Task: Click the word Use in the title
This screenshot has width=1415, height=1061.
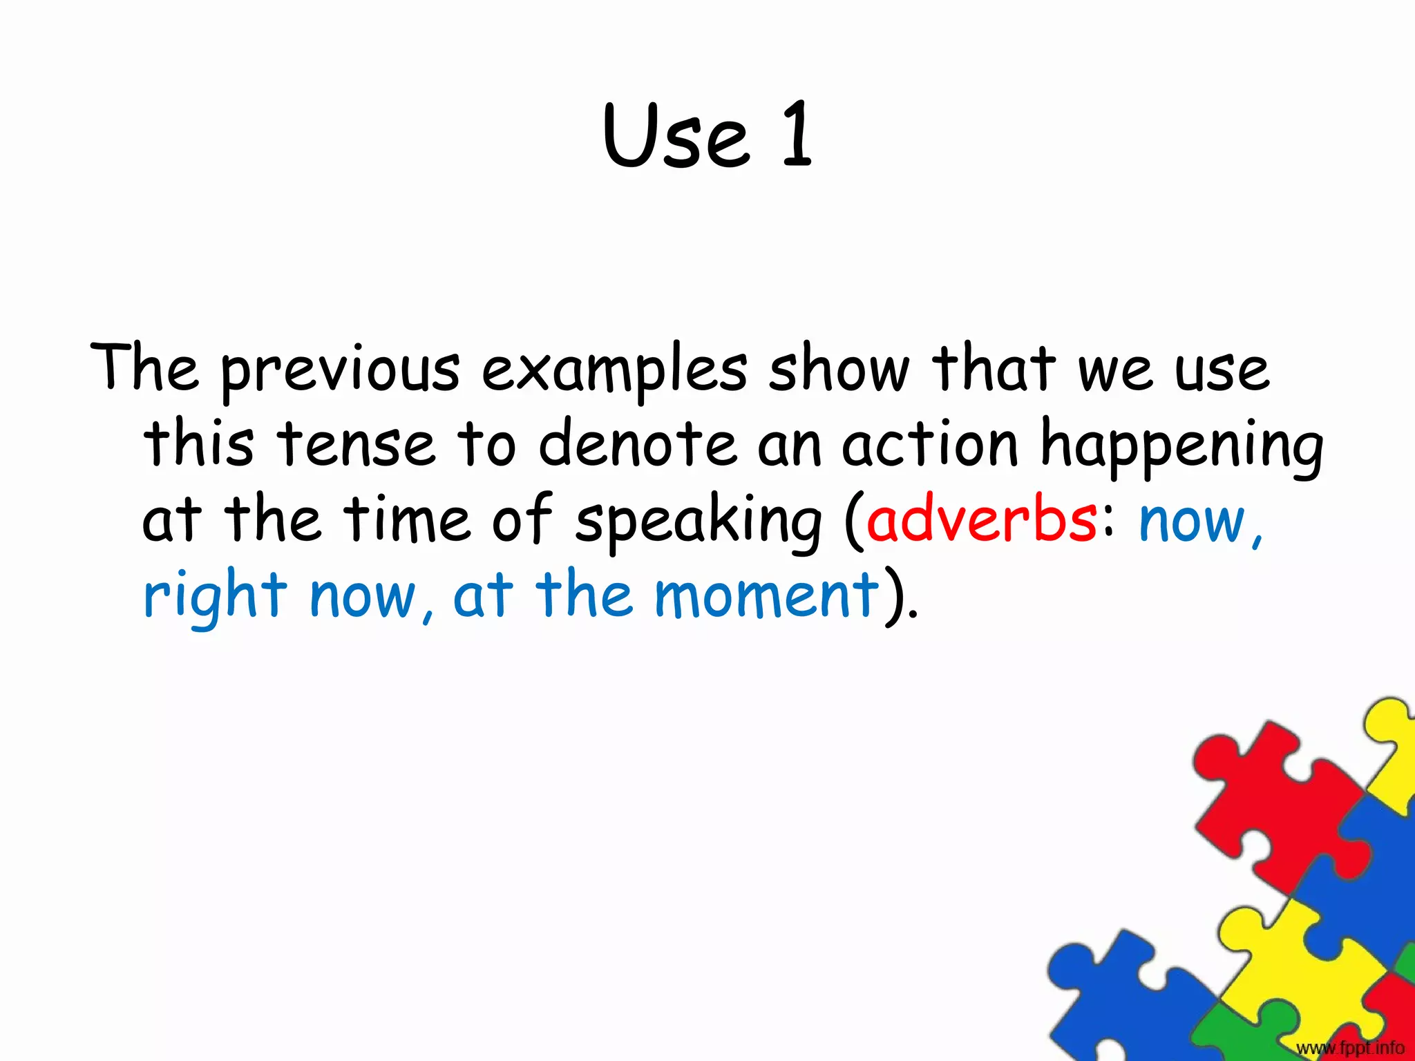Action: tap(676, 135)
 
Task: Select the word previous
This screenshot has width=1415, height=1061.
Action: tap(340, 372)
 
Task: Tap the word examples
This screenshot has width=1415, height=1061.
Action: tap(614, 372)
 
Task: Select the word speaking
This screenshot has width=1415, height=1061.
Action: tap(699, 522)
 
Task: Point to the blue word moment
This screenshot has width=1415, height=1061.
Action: tap(767, 595)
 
